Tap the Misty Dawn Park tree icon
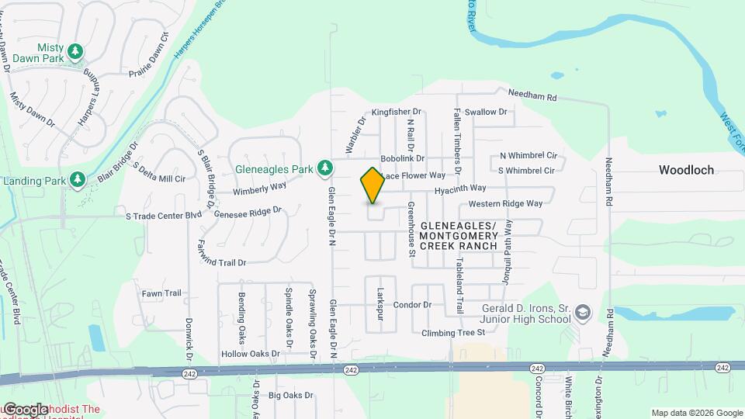click(x=75, y=52)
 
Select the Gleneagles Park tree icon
click(x=326, y=168)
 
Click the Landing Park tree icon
click(x=78, y=181)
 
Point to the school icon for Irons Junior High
click(x=583, y=313)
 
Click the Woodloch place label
click(x=686, y=169)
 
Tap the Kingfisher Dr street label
click(x=396, y=113)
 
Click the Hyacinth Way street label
click(x=460, y=189)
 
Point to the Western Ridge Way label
click(x=505, y=204)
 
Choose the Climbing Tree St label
click(x=453, y=333)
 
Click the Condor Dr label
click(x=412, y=305)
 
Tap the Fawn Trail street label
click(x=161, y=293)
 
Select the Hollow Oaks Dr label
click(x=250, y=354)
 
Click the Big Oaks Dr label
click(x=291, y=396)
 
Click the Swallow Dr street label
click(x=485, y=112)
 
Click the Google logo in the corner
click(x=25, y=410)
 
